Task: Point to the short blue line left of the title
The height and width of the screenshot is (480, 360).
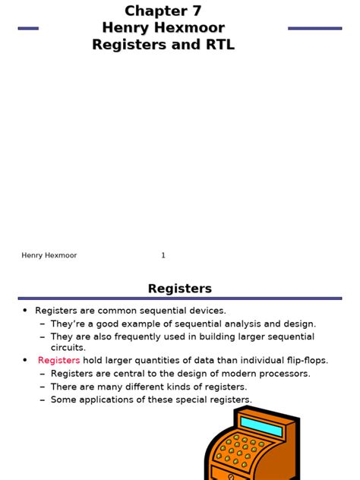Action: pos(28,28)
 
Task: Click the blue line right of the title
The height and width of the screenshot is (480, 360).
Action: pos(314,28)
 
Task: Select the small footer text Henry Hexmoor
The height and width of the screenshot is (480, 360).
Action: pos(49,255)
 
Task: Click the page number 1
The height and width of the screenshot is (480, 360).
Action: pos(163,255)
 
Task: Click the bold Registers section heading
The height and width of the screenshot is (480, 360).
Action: pos(180,289)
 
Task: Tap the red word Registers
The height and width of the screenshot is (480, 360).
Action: pos(58,361)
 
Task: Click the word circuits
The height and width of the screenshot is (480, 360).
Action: pos(68,348)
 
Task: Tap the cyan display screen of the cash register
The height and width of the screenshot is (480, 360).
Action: pos(261,426)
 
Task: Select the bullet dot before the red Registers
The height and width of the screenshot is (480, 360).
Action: pos(25,361)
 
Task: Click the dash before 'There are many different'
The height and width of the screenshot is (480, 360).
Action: pos(43,387)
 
